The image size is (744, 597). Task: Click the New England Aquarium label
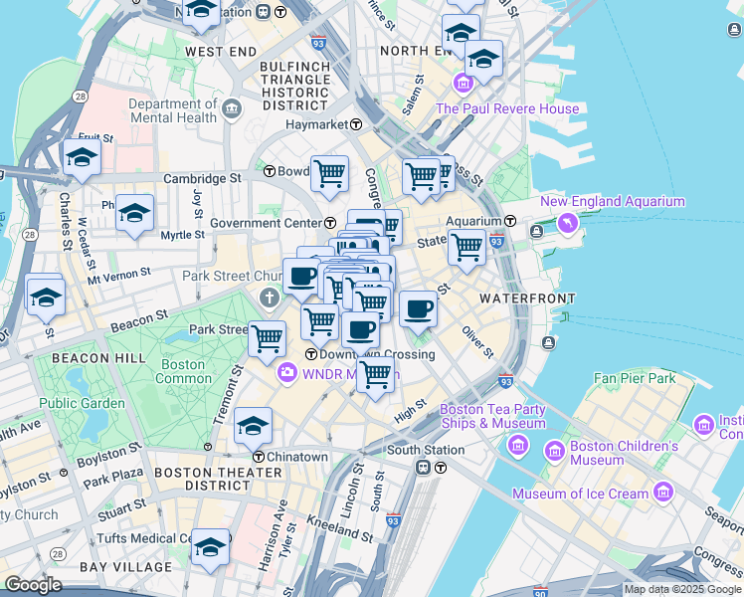612,202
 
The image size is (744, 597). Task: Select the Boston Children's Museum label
611,454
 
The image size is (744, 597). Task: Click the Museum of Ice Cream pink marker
663,493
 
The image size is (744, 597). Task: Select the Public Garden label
83,403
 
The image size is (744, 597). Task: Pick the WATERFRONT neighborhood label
527,298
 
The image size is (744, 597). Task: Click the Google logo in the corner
34,585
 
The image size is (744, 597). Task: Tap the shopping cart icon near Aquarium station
465,246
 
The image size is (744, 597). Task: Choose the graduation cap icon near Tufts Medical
210,546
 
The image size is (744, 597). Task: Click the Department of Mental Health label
172,110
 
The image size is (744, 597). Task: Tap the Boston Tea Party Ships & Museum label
492,416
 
